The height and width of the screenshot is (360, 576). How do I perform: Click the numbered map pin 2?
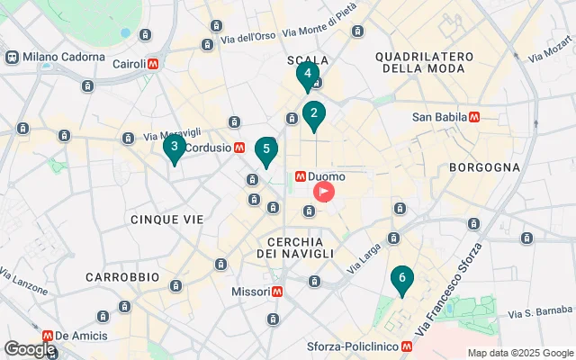(313, 114)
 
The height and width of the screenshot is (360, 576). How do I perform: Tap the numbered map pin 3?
(174, 147)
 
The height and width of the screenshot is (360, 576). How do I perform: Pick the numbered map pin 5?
(265, 149)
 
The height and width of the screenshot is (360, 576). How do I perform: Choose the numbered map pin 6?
(401, 279)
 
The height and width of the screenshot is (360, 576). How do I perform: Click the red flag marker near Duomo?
(323, 192)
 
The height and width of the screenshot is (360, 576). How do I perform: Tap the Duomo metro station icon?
(301, 177)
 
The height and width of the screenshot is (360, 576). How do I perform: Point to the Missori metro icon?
(278, 292)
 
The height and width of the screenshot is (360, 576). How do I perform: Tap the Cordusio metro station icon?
(239, 147)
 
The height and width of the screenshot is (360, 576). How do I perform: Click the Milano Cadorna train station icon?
(13, 56)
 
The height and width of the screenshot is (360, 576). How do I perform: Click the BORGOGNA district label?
(485, 166)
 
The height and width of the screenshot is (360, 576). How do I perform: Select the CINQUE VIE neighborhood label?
(166, 219)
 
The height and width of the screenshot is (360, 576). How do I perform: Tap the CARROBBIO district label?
(122, 277)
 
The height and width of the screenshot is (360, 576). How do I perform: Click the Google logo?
(30, 349)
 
